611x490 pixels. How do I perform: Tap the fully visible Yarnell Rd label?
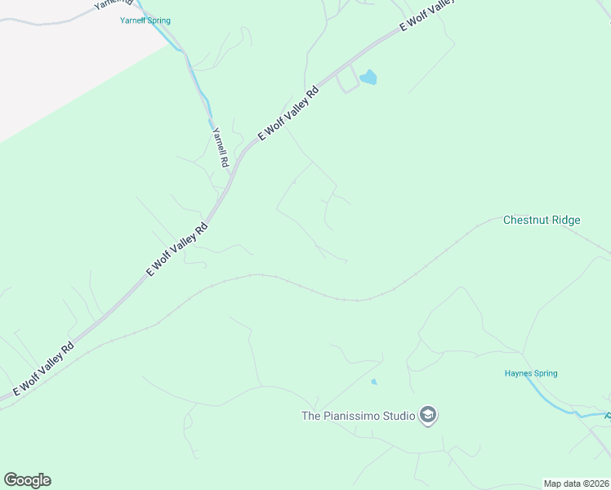pos(219,147)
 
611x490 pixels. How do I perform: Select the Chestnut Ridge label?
pos(542,220)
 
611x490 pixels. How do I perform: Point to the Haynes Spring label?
pos(530,373)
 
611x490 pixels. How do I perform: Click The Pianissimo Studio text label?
pos(359,416)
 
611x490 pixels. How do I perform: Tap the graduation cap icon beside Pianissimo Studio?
pos(427,416)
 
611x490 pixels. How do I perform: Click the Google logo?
pos(27,480)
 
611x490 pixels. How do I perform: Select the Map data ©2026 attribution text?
pos(577,483)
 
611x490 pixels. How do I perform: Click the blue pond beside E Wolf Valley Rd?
pos(368,77)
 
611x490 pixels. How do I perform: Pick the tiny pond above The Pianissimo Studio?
pos(374,381)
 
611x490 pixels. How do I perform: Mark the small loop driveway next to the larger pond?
pos(347,79)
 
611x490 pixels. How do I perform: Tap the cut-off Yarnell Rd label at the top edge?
pos(113,3)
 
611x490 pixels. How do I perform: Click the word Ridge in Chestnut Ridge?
pos(564,220)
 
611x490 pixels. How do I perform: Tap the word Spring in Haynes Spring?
pos(542,373)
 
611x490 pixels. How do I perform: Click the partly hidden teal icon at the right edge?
pos(608,416)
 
